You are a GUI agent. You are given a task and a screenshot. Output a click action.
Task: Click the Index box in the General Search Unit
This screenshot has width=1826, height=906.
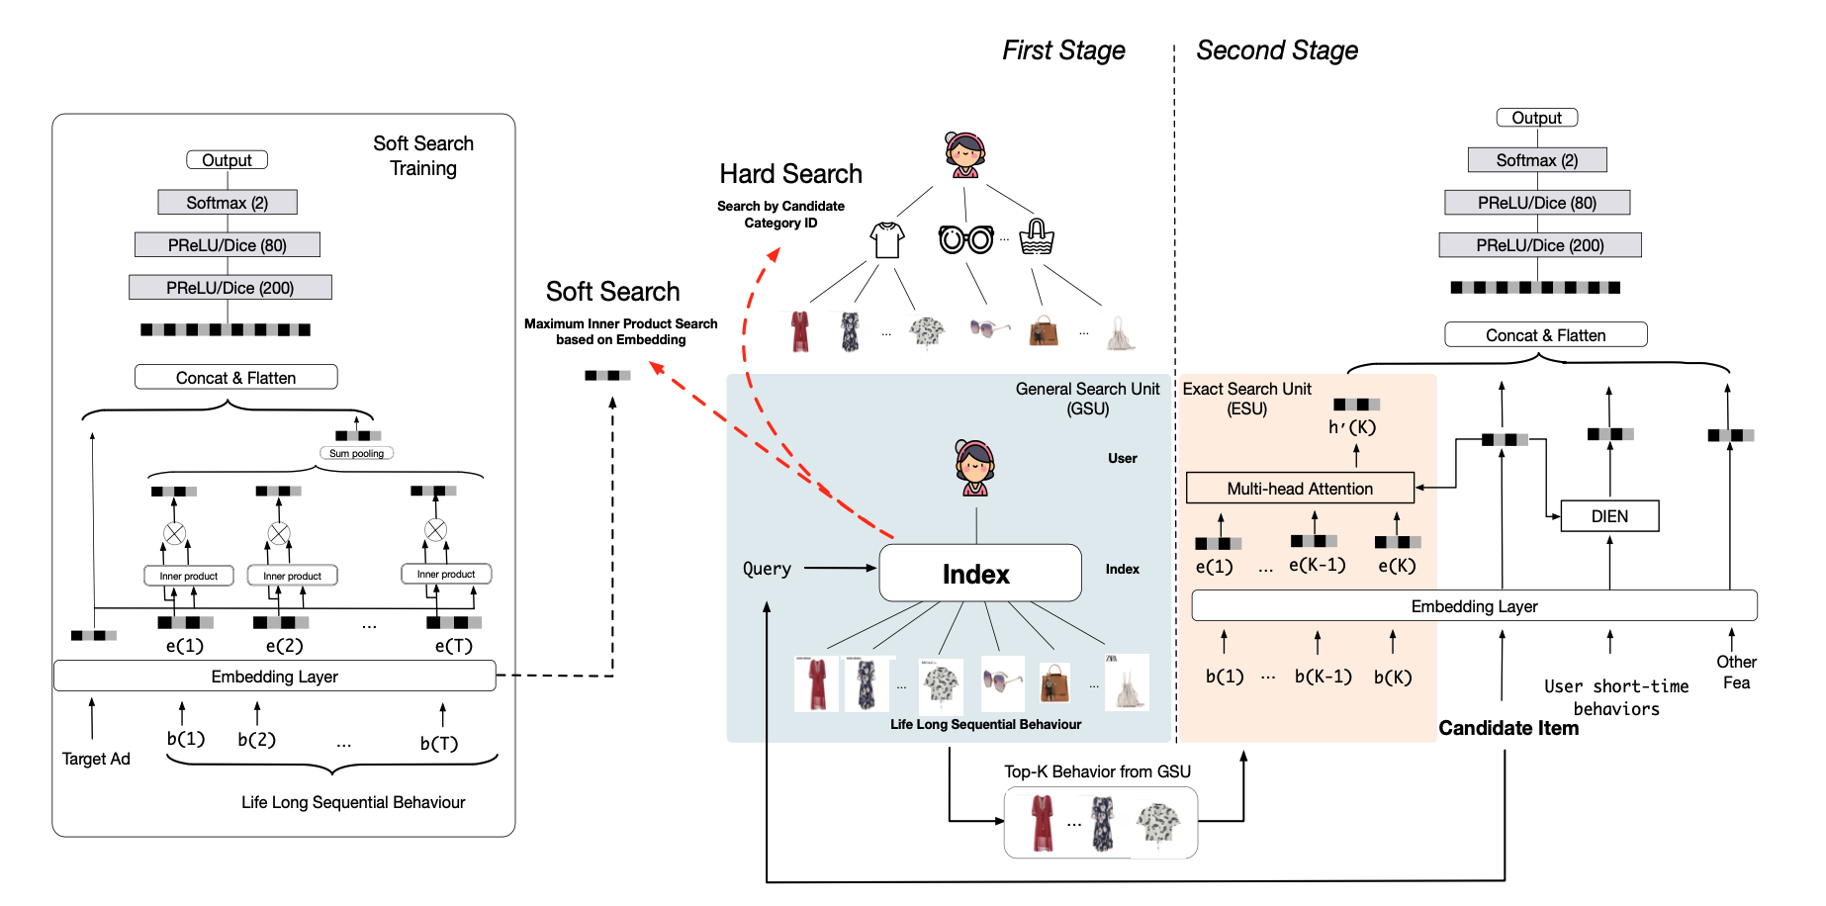point(979,574)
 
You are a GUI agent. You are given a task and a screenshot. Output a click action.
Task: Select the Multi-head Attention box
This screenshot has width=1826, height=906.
point(1300,489)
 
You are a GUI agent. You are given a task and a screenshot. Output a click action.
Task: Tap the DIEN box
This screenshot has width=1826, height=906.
point(1609,516)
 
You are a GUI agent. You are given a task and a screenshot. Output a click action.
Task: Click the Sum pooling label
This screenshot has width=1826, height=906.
point(356,453)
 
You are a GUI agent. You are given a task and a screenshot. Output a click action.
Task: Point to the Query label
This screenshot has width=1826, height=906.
point(767,569)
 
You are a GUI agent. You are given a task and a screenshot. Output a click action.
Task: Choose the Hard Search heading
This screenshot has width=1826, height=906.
point(790,175)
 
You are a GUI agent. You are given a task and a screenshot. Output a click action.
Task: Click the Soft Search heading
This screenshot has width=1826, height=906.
point(612,292)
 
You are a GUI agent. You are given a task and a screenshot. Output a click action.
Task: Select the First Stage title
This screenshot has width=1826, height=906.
point(1063,50)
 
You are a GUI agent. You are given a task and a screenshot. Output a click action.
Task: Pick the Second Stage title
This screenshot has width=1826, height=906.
point(1277,50)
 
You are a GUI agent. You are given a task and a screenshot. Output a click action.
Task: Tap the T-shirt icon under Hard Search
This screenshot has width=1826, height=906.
point(887,239)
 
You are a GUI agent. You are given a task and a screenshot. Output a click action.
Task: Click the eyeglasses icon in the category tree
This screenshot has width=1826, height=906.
point(965,238)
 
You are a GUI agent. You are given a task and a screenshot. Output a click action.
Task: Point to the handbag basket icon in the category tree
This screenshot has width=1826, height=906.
point(1036,237)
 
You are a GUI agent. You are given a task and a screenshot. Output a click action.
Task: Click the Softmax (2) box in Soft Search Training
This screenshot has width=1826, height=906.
point(228,203)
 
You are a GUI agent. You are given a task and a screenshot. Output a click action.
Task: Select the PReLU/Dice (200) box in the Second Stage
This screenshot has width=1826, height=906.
point(1540,245)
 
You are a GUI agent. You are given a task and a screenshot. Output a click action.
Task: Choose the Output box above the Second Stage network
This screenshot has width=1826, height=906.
point(1536,118)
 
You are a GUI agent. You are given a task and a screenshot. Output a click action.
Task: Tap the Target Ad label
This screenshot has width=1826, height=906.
point(96,759)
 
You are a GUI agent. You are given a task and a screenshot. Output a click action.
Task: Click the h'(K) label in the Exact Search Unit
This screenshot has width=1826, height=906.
point(1352,427)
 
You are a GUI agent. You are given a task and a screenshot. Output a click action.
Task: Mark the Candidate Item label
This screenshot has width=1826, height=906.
point(1508,728)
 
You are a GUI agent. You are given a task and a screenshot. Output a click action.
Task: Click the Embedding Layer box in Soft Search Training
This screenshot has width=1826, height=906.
point(274,677)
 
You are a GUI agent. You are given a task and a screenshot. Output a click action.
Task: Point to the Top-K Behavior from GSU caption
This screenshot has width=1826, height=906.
point(1097,771)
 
